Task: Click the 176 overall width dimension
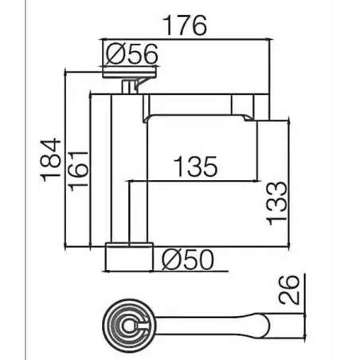tap(186, 25)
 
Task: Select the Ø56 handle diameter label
tap(132, 54)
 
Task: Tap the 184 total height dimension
tap(51, 160)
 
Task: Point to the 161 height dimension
tap(78, 171)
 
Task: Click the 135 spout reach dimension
tap(195, 166)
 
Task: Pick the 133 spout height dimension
tap(277, 204)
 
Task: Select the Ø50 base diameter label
tap(188, 260)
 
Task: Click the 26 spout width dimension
tap(288, 290)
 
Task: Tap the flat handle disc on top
tap(129, 72)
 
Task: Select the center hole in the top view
tap(129, 326)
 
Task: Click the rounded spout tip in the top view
tap(264, 326)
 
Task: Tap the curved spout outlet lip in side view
tap(248, 117)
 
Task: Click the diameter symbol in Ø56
tap(116, 54)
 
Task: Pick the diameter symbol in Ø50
tap(172, 260)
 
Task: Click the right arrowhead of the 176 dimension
tap(271, 39)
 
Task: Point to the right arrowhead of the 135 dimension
tap(255, 181)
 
